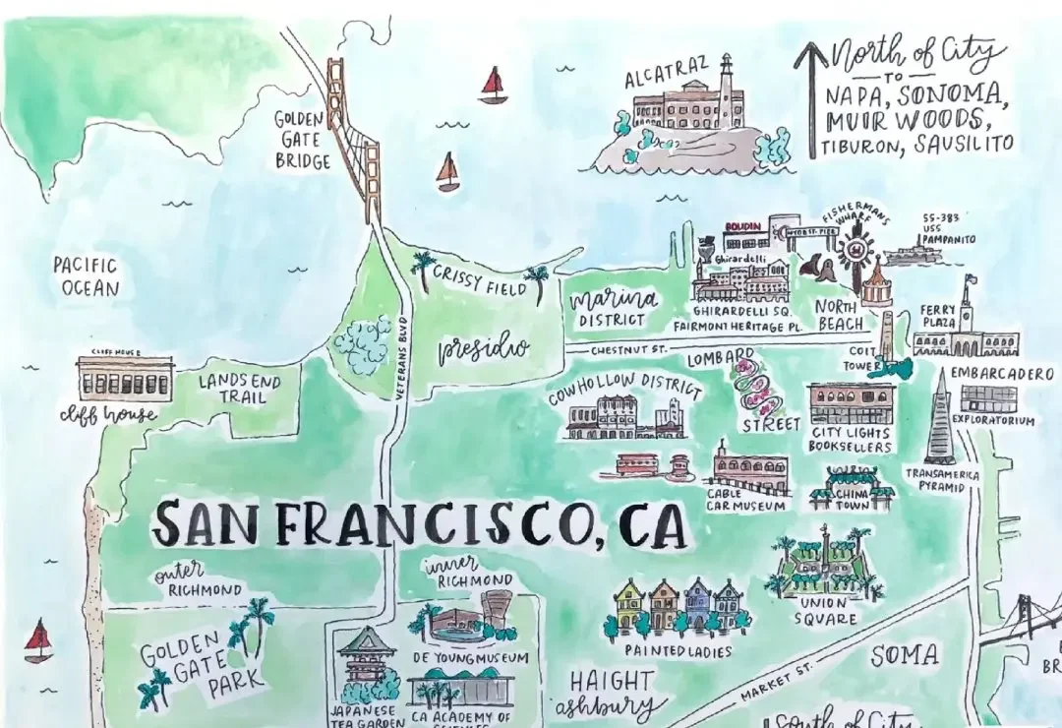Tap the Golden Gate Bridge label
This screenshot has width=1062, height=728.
click(301, 140)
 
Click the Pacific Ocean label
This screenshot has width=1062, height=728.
click(87, 276)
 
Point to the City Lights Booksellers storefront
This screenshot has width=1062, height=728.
click(852, 404)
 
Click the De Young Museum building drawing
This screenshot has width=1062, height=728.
click(470, 622)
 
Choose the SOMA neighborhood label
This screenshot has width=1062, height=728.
click(905, 655)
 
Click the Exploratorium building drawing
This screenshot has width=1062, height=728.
click(989, 398)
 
